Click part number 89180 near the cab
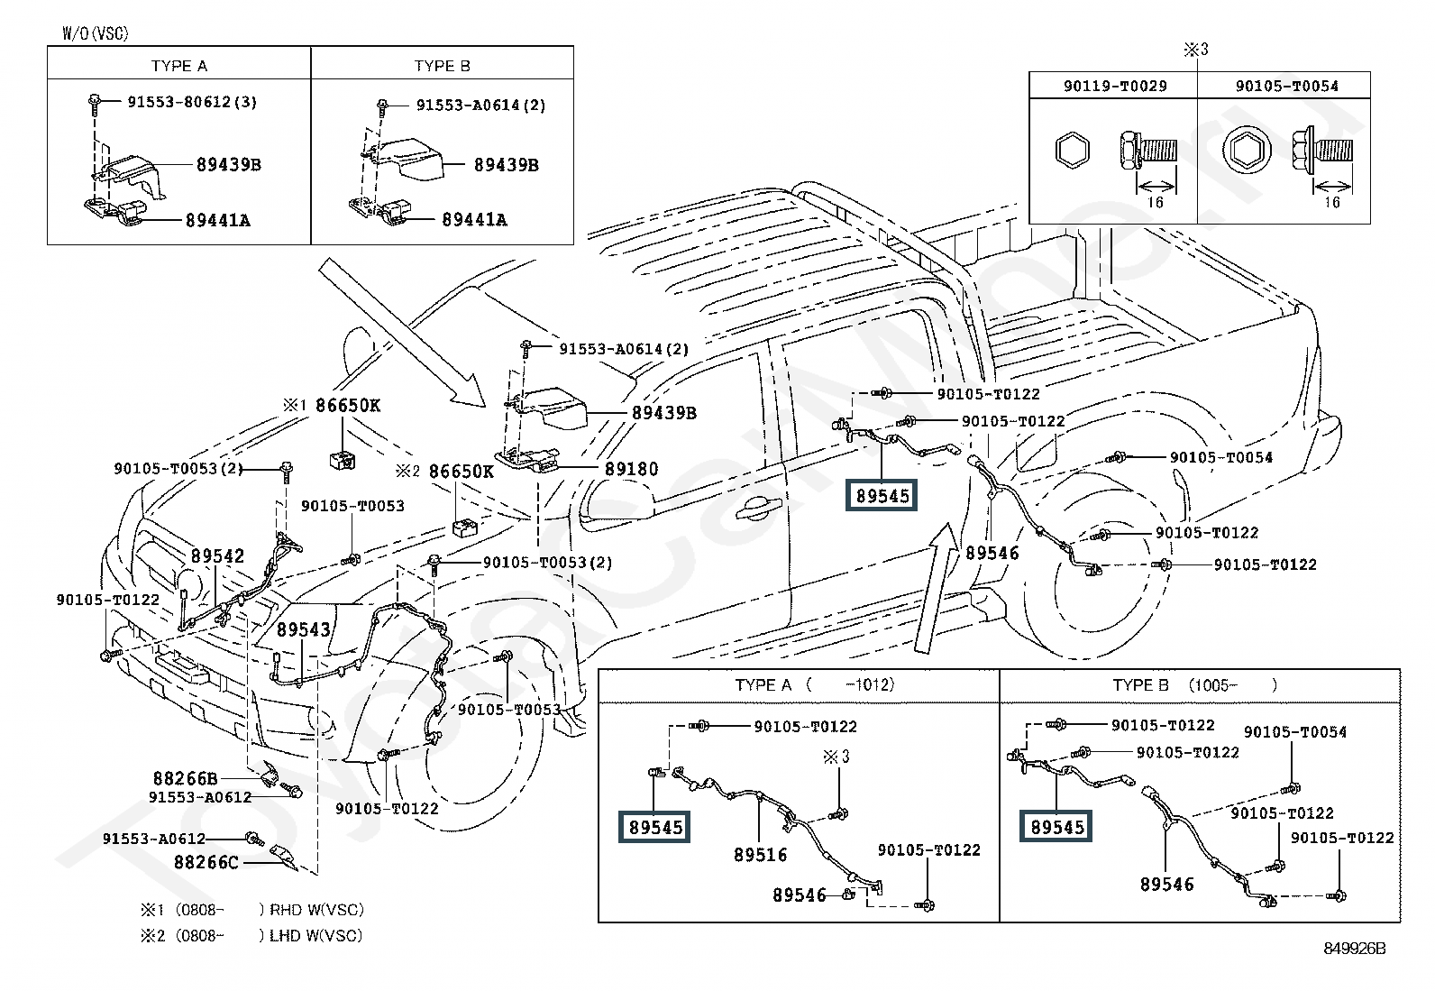coord(631,469)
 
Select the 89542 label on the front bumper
coord(217,556)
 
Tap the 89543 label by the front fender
coord(304,629)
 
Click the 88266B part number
coord(185,778)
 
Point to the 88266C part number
coord(206,862)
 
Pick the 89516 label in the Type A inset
coord(760,855)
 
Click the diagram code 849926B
coord(1354,948)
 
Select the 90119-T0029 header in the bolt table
coord(1114,87)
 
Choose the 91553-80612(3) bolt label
coord(191,102)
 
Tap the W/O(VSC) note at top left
coord(96,33)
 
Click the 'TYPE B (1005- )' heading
coord(1195,684)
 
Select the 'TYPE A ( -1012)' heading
coord(815,684)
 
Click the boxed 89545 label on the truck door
coord(882,495)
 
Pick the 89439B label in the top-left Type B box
coord(507,165)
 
